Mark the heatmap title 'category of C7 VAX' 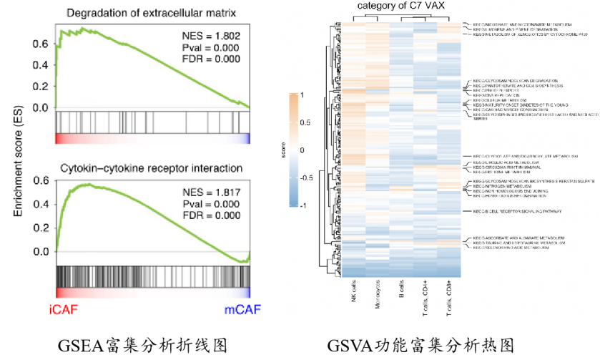pyautogui.click(x=400, y=7)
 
